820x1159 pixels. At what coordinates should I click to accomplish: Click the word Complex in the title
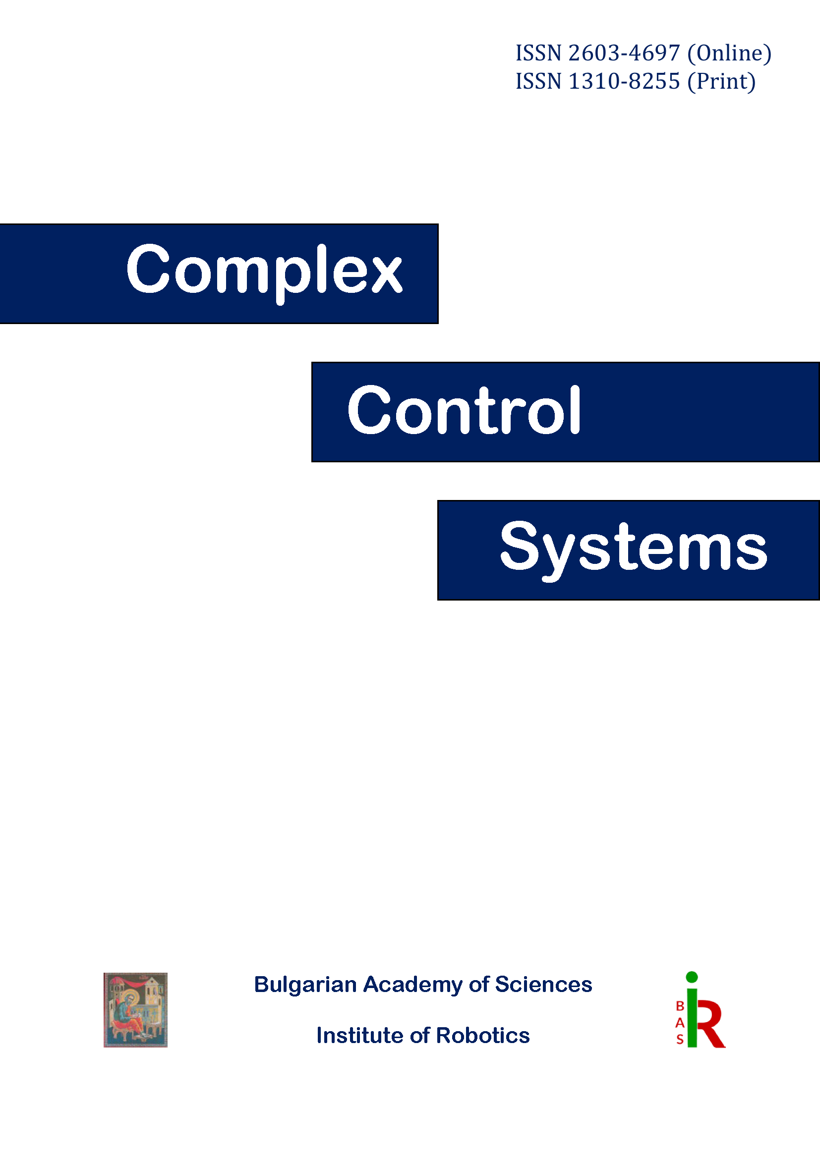point(264,270)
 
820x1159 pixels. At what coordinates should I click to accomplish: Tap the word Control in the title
point(464,410)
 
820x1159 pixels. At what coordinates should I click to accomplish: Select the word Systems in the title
point(633,548)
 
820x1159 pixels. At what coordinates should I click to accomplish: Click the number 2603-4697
point(624,53)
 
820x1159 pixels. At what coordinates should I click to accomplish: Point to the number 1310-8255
point(624,81)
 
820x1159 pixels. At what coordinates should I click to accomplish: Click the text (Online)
point(729,53)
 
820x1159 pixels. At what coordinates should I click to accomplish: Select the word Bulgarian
point(305,985)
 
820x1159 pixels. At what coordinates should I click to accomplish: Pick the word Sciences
point(543,985)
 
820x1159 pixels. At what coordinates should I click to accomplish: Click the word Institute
point(360,1035)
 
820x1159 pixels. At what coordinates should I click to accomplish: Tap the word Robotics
point(483,1035)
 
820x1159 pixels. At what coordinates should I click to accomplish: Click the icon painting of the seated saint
point(135,1009)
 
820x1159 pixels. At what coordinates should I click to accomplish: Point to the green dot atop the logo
point(692,977)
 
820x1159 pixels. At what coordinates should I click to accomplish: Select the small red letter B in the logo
point(680,1006)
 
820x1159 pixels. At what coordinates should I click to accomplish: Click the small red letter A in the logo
point(680,1023)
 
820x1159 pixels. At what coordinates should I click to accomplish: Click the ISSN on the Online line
point(538,53)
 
